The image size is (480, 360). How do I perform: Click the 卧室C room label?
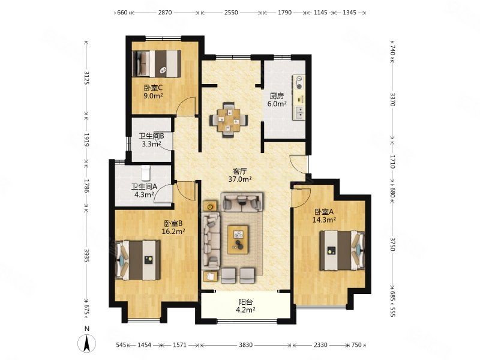coord(153,88)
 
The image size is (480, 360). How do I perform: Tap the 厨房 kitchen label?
coord(277,96)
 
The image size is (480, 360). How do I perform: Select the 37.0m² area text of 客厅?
coord(240,179)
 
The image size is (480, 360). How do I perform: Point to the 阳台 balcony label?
coord(245,302)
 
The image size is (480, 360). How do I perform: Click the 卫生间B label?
coord(152,136)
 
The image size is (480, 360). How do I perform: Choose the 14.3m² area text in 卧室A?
coord(324,220)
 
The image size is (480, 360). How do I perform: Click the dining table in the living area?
coord(229,119)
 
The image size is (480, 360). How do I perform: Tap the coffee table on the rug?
coord(238,239)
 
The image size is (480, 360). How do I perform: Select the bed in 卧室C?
coord(157,64)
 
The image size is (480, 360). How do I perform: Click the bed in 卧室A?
coord(342,251)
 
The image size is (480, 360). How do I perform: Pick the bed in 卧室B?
coord(138,260)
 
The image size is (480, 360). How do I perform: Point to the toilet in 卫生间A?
coord(146,173)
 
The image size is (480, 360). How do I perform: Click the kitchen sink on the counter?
coord(299,112)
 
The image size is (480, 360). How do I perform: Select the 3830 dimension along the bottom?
coord(246,345)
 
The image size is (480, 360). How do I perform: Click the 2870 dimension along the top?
coord(165,13)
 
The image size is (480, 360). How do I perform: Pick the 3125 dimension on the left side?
coord(87,78)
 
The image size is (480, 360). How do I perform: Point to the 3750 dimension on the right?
coord(393,244)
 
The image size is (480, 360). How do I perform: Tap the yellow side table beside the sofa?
coord(210,206)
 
